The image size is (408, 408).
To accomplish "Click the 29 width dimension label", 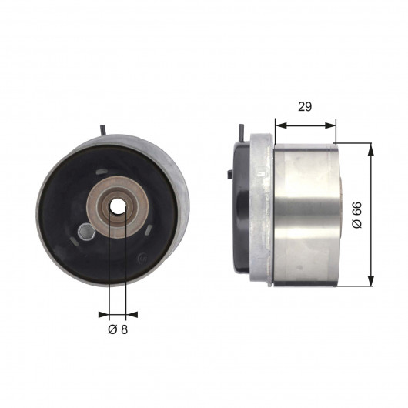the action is coord(305,107).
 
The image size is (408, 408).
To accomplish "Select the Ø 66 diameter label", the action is coord(357,215).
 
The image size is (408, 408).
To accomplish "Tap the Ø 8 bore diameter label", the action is coord(118,329).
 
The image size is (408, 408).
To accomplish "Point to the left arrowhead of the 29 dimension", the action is coord(281,125).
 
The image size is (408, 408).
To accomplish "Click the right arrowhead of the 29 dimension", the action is coord(330,125).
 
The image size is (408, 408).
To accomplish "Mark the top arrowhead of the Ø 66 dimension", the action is coord(370,149).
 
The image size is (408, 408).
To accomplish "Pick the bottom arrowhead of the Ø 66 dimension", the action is coord(370,280).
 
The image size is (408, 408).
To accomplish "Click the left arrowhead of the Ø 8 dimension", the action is coord(104,315).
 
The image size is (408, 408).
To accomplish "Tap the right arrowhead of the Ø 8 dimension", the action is coord(132,315).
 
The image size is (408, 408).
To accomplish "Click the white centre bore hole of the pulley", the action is coord(118,206).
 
